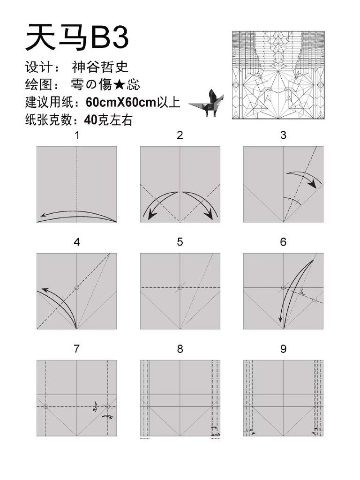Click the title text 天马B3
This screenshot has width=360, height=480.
77,37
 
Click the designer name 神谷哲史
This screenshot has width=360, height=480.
100,67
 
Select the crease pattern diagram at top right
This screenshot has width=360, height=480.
278,75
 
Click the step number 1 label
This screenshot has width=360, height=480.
77,136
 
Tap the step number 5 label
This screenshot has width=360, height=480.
180,242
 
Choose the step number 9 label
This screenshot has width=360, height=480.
283,349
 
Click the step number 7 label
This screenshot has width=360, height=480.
77,349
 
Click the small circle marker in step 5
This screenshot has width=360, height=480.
180,287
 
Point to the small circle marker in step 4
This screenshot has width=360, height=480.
77,287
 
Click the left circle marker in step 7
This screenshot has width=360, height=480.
45,406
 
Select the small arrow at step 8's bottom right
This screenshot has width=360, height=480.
215,428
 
